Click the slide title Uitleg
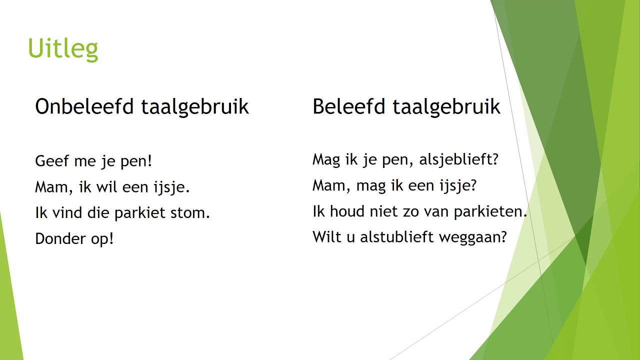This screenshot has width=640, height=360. pyautogui.click(x=62, y=49)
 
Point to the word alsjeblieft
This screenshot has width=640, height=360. pyautogui.click(x=459, y=160)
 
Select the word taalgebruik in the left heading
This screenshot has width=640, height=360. pyautogui.click(x=194, y=107)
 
